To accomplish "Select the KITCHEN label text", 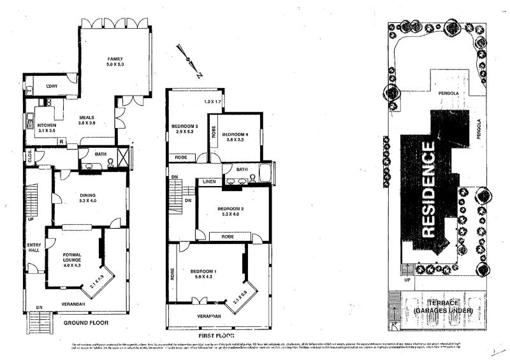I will [47, 126].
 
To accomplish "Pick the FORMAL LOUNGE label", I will [72, 257].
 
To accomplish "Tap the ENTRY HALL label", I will [33, 248].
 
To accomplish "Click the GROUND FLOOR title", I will [87, 323].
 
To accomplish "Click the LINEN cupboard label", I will [210, 182].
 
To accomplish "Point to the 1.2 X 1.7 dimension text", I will [212, 102].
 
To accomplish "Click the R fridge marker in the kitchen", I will [60, 141].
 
